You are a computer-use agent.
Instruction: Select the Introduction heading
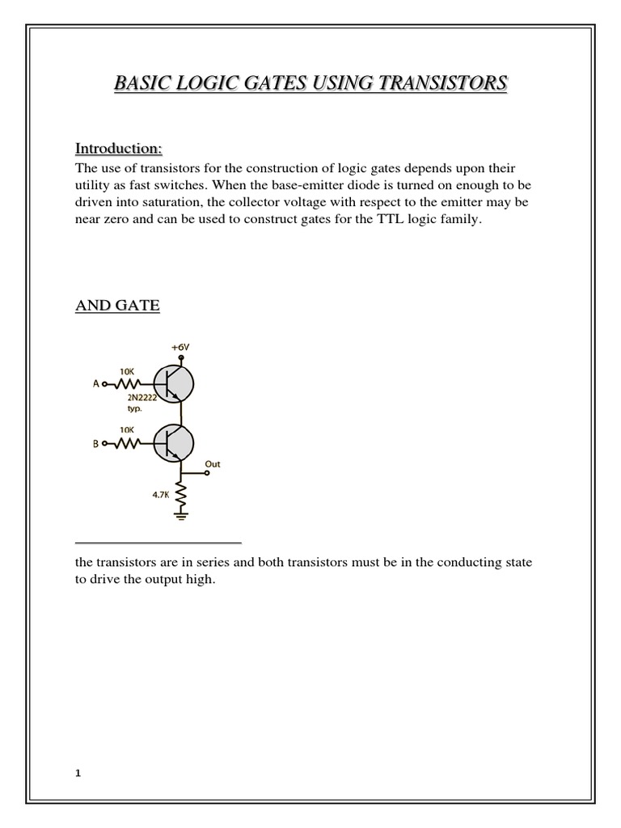[118, 149]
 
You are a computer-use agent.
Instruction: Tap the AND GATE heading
[117, 306]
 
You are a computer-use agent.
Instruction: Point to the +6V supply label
[179, 349]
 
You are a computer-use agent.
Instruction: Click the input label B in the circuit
[97, 443]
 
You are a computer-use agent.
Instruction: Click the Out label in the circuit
[213, 465]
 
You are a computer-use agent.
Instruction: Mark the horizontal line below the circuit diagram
[158, 543]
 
